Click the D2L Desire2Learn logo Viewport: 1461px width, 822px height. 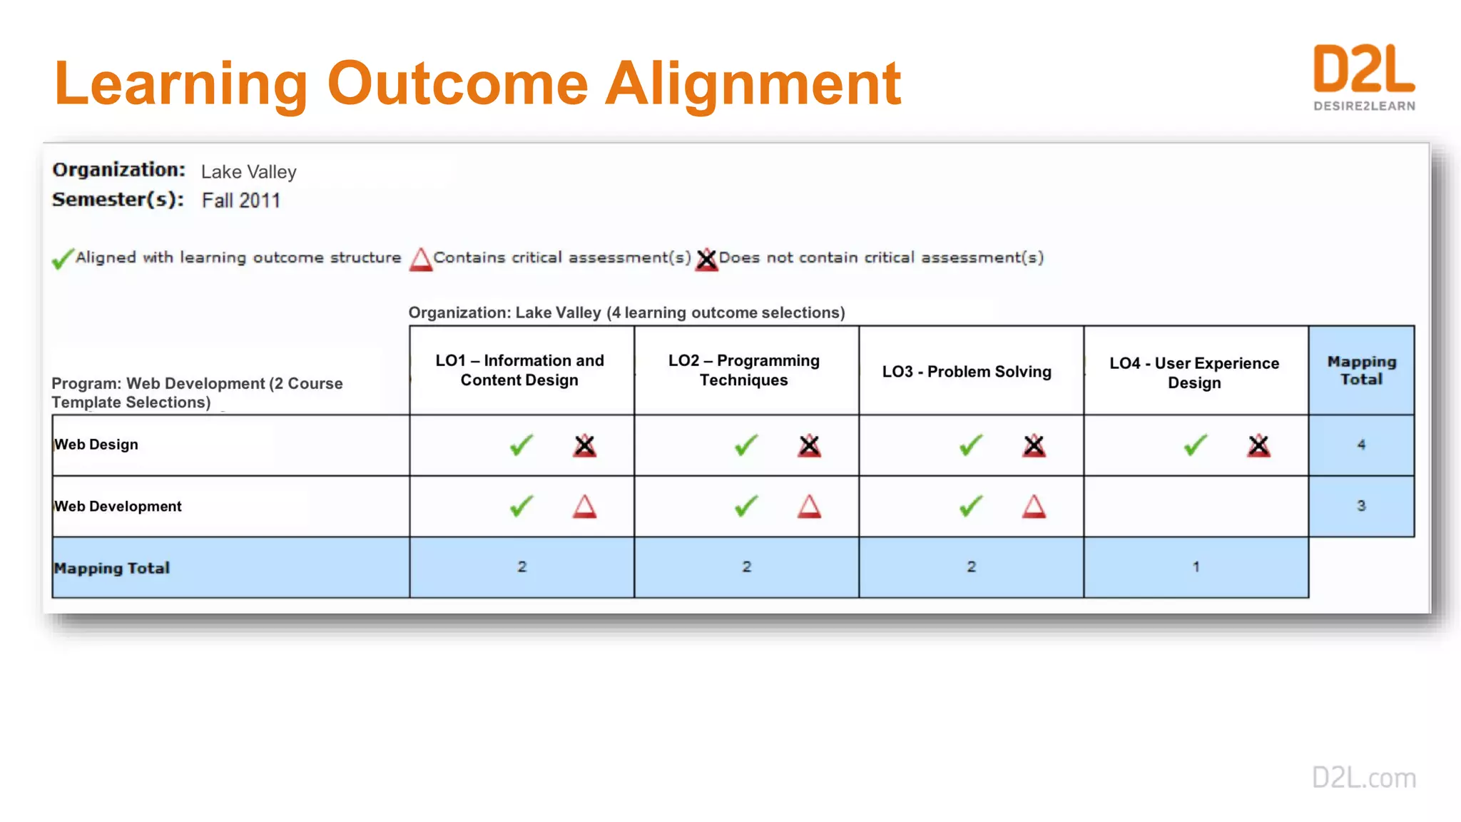click(1364, 77)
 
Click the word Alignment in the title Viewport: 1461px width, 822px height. click(753, 84)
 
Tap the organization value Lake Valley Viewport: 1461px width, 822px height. click(248, 172)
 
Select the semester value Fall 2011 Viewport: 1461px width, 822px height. click(240, 201)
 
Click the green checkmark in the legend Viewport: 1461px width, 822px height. click(63, 258)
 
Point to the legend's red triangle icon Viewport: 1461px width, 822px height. click(421, 259)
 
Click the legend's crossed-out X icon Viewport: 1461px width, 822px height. click(706, 259)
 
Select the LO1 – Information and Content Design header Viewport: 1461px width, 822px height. click(520, 370)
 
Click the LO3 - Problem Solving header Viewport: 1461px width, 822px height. click(967, 372)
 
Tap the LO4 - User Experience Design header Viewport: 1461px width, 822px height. click(1194, 372)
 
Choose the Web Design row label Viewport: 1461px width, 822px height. click(96, 445)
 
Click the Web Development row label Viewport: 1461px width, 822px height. click(118, 506)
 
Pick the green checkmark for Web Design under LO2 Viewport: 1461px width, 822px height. click(746, 445)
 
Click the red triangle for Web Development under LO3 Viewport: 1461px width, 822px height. click(1034, 507)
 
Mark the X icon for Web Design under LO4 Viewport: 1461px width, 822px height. click(1258, 446)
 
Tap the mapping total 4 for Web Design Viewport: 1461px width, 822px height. click(1361, 445)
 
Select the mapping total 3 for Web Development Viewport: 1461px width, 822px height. click(1361, 506)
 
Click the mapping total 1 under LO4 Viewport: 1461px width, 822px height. click(1196, 567)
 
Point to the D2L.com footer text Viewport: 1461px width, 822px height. click(1364, 778)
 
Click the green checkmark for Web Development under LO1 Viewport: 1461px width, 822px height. click(521, 507)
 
